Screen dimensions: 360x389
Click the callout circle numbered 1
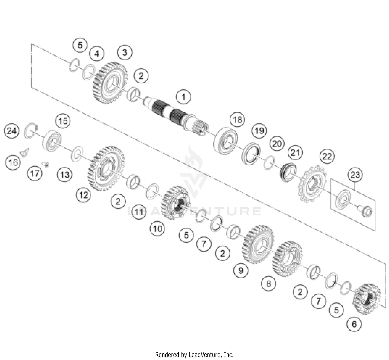[x=183, y=97]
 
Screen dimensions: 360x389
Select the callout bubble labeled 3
[x=125, y=52]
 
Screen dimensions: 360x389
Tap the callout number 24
[x=12, y=131]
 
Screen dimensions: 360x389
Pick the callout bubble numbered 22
[x=327, y=156]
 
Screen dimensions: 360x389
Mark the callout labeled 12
[x=84, y=195]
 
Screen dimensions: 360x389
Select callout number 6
[x=354, y=324]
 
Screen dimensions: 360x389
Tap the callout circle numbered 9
[x=241, y=271]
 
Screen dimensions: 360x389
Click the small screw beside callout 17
[x=46, y=164]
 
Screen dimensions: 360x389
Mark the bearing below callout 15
[x=52, y=141]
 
